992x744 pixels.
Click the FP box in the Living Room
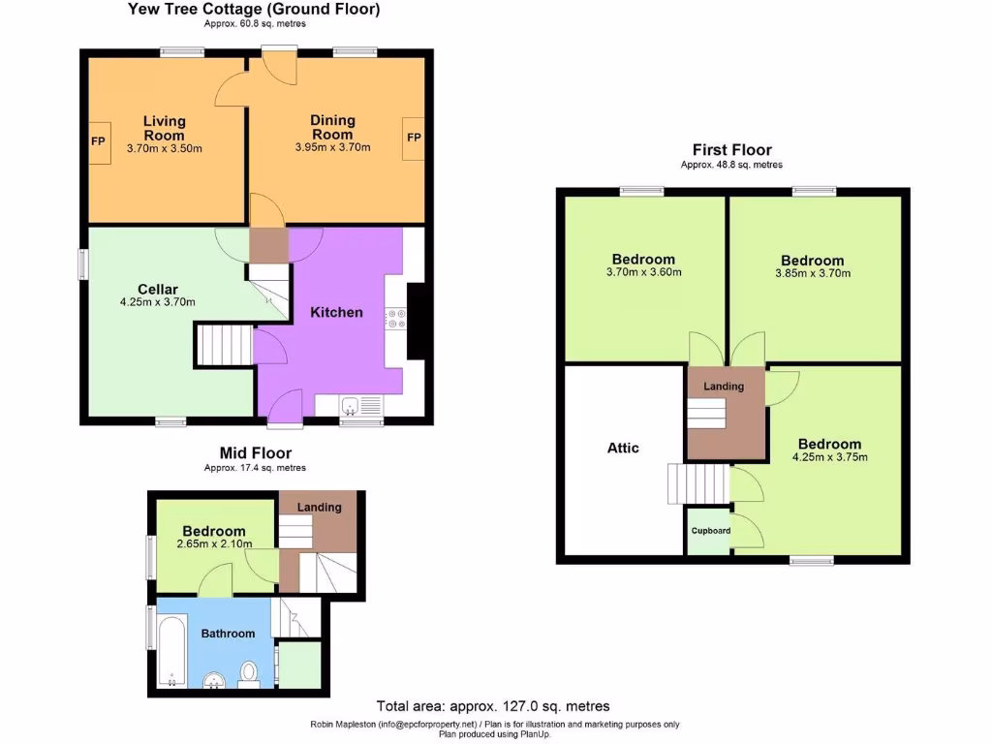(x=99, y=141)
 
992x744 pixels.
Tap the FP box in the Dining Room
(x=414, y=138)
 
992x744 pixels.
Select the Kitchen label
(x=336, y=312)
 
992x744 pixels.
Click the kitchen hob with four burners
(x=394, y=318)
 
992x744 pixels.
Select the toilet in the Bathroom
(x=249, y=671)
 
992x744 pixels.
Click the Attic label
(x=623, y=448)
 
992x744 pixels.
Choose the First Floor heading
(x=731, y=149)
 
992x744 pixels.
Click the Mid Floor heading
(x=255, y=452)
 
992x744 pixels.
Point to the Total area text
(x=492, y=706)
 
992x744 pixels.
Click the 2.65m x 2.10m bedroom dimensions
(x=214, y=544)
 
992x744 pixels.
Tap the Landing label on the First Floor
(x=724, y=387)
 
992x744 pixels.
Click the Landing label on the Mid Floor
(x=319, y=507)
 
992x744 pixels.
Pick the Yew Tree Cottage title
(x=254, y=9)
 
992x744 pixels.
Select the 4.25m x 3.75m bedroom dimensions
(x=830, y=457)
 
